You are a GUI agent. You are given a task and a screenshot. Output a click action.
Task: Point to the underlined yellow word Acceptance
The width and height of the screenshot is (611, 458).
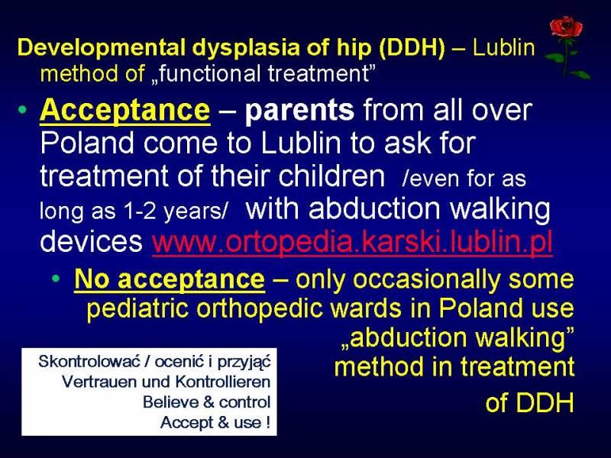(124, 111)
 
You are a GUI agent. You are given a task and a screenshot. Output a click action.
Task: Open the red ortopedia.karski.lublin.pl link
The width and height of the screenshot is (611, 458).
(352, 242)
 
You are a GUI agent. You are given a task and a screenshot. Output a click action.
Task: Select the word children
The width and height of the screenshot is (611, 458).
(331, 176)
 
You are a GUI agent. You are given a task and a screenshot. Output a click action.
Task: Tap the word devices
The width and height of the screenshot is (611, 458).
(91, 241)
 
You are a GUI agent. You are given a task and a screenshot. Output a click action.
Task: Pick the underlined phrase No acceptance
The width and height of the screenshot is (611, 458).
(170, 279)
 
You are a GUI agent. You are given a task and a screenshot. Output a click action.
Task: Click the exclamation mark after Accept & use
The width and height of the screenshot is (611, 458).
(268, 422)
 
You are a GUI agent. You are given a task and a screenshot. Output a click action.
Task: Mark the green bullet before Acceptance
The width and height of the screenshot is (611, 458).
(23, 110)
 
